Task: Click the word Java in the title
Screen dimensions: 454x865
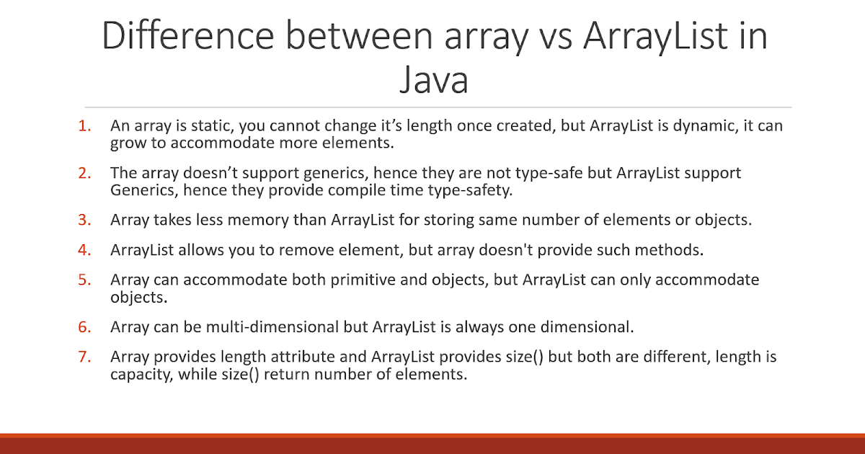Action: pos(433,80)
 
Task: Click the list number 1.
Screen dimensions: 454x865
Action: pos(85,125)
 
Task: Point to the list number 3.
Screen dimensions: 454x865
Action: pos(85,220)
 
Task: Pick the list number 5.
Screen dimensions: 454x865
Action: pos(85,280)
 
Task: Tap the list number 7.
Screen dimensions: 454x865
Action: pos(85,357)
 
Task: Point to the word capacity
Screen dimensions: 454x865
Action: pos(140,374)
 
